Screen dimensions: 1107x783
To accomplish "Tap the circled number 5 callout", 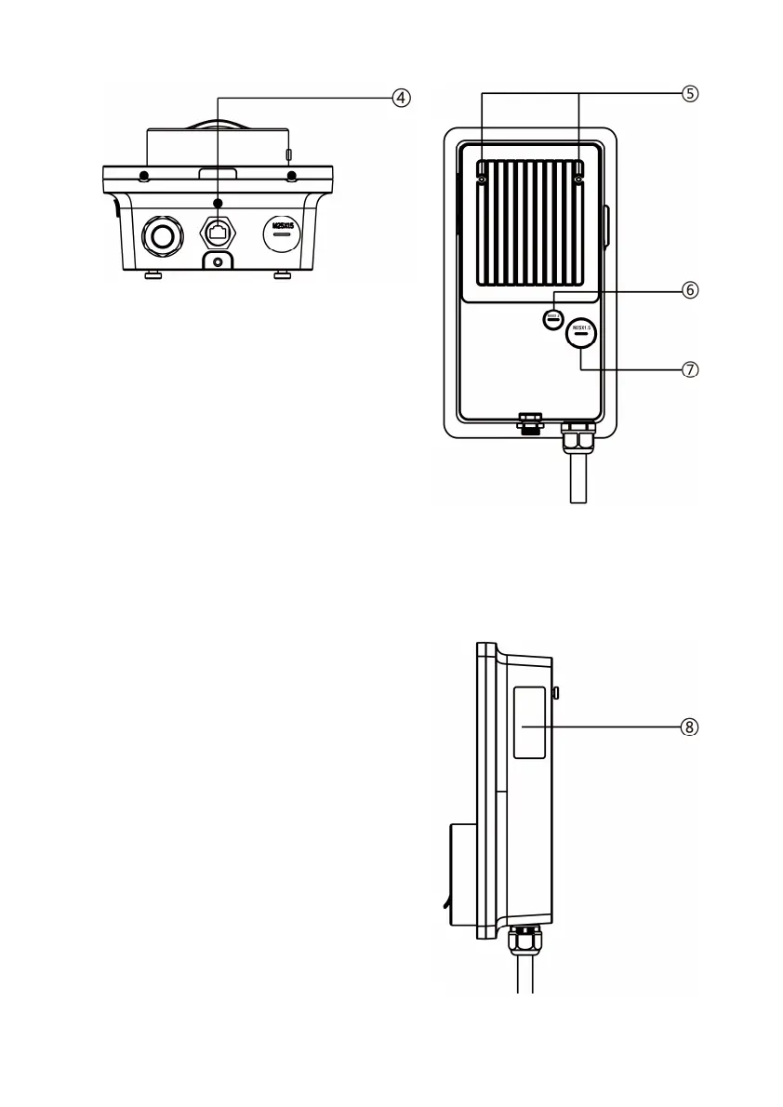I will tap(689, 93).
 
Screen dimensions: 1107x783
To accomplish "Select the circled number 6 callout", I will tap(689, 289).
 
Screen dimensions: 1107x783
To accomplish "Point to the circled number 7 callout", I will tap(689, 368).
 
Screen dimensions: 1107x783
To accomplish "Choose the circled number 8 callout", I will tap(689, 727).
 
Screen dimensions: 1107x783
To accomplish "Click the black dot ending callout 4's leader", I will tap(218, 202).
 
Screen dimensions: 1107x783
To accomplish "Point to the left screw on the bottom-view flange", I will tap(143, 177).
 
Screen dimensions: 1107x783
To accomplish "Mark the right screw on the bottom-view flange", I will tap(291, 177).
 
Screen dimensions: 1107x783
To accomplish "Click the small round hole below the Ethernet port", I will tap(218, 263).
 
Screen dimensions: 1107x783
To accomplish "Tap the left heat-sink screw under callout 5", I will tap(483, 180).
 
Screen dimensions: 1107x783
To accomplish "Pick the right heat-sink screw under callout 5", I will tap(578, 180).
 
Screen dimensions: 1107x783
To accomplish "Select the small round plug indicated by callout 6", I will tap(553, 318).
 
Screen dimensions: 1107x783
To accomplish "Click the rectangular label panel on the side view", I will tap(529, 723).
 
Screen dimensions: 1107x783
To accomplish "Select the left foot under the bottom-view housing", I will tap(154, 274).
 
